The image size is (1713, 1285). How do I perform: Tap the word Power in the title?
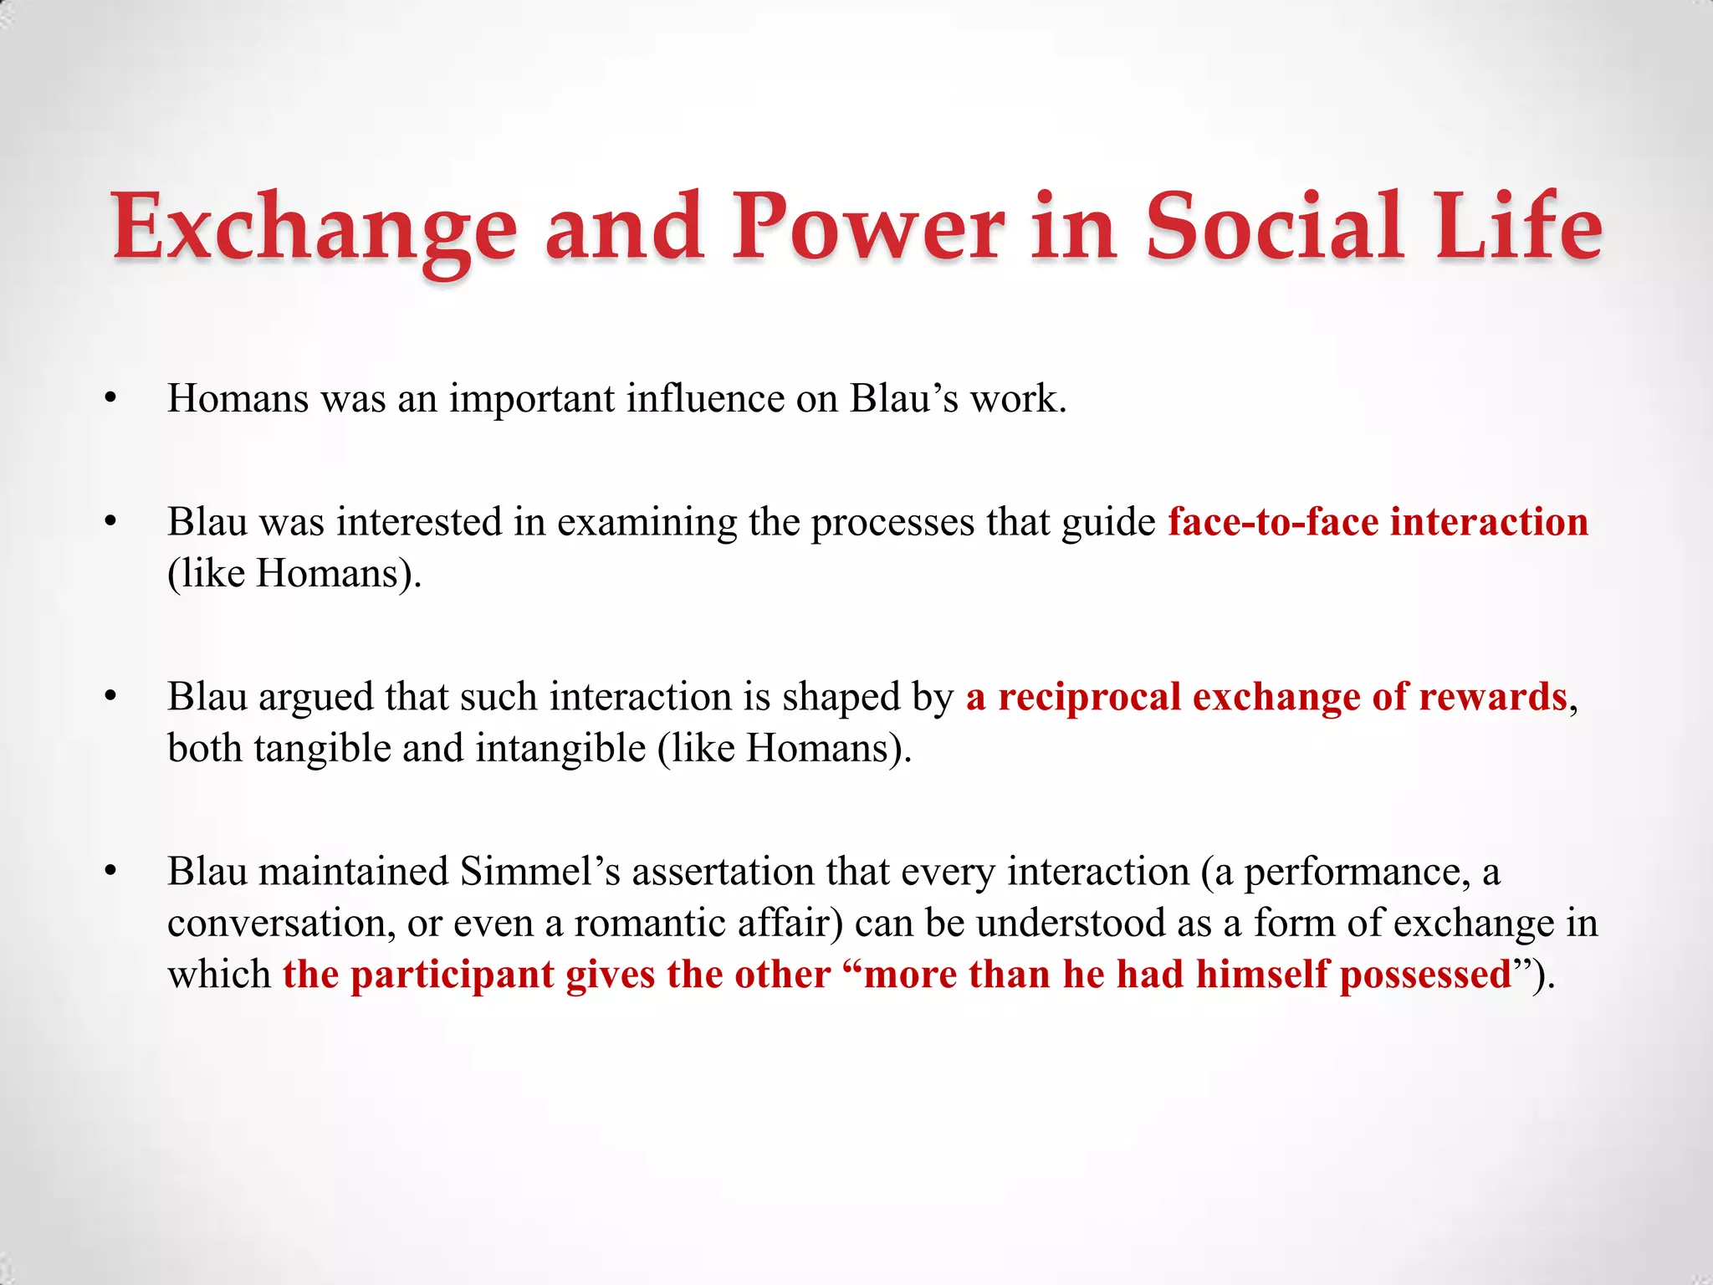(x=867, y=228)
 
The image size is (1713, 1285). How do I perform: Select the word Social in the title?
(x=1275, y=228)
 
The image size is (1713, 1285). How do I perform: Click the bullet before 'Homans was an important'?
(x=110, y=400)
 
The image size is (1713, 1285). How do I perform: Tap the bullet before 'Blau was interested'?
(x=110, y=523)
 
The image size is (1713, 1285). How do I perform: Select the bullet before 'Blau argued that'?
(x=110, y=698)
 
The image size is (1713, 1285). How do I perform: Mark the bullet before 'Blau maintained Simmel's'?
(x=110, y=873)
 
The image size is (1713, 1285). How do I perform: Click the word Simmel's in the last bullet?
(x=540, y=872)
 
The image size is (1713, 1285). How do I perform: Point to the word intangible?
(x=560, y=748)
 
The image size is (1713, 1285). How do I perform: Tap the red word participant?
(x=452, y=975)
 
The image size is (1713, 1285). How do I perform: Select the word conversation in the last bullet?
(x=281, y=924)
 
